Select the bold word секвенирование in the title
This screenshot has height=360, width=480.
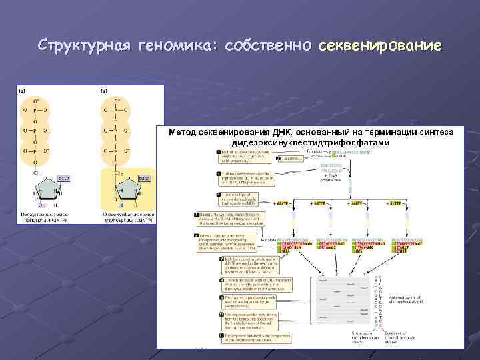380,45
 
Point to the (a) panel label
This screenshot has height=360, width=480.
23,91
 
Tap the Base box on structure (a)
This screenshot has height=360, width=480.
63,179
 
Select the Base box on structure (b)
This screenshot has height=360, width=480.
144,179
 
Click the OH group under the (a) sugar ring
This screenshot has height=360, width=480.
42,205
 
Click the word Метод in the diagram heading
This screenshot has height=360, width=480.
184,133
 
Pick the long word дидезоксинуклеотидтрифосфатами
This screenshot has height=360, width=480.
310,143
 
